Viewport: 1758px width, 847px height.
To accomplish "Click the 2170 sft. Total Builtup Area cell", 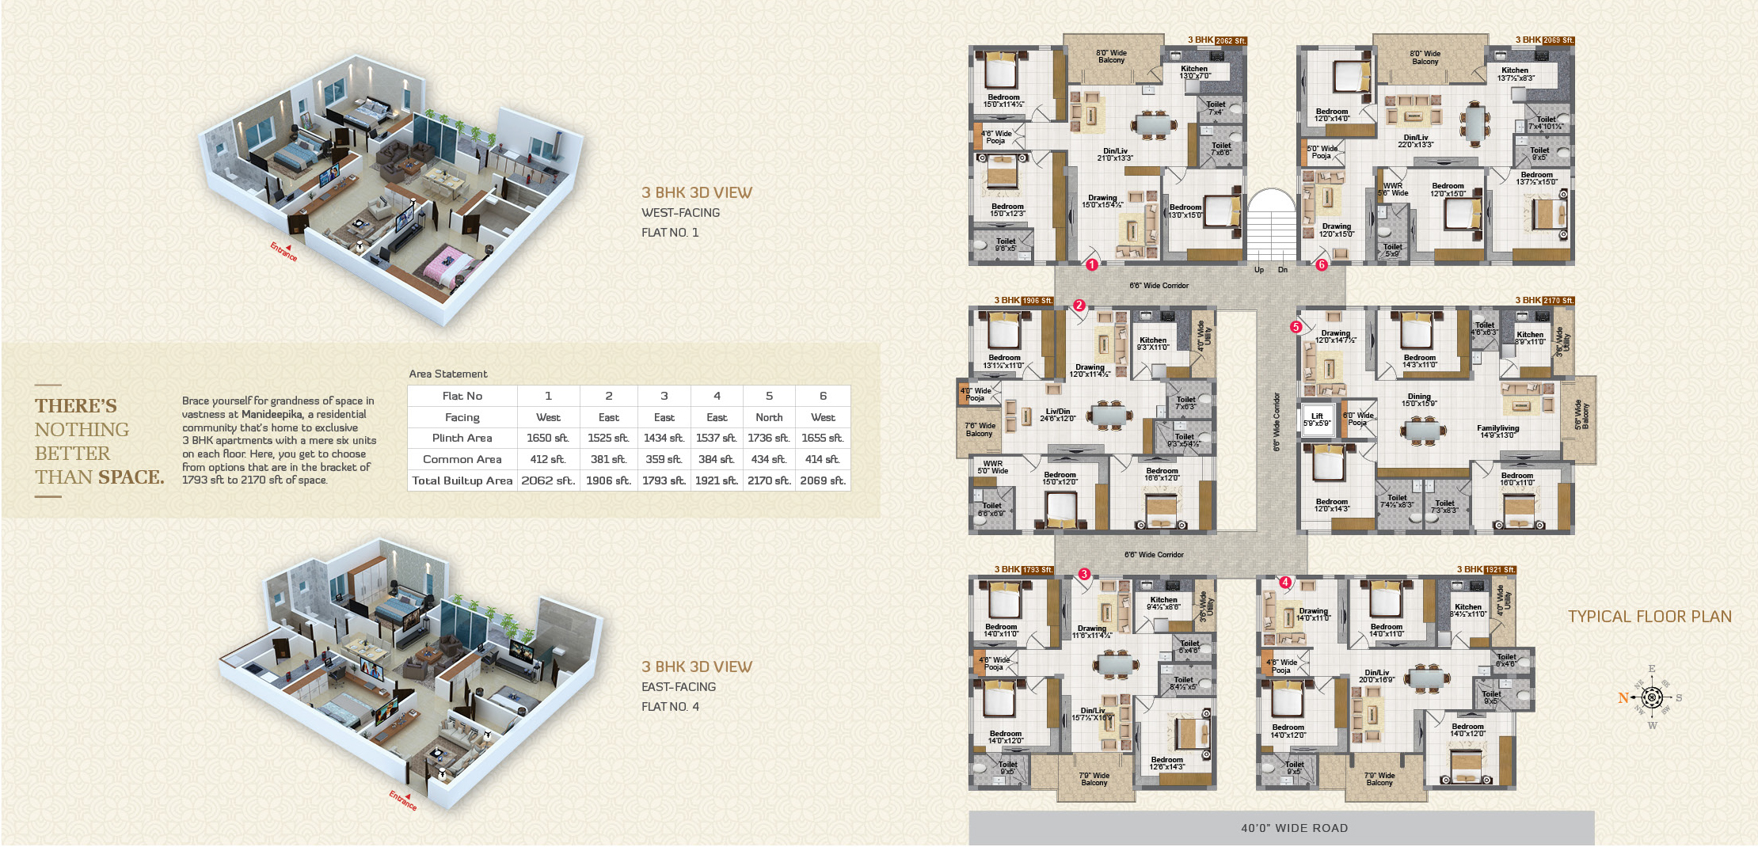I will (x=768, y=480).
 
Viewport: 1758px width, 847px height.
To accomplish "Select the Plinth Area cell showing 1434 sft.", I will (x=664, y=438).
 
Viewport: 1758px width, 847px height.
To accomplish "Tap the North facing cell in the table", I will (x=768, y=417).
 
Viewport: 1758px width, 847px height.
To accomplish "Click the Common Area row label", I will (x=462, y=459).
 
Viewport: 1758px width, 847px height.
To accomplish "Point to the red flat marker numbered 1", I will (x=1091, y=265).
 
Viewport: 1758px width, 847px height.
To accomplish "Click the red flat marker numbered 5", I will (x=1296, y=327).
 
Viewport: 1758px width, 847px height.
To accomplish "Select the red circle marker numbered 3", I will (x=1084, y=574).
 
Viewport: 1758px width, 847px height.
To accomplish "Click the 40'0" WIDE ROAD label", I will (x=1294, y=828).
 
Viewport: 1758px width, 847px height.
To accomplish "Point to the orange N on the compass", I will (x=1623, y=697).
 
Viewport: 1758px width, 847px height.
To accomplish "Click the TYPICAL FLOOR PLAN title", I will (x=1650, y=617).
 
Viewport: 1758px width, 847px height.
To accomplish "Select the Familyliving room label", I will (x=1497, y=428).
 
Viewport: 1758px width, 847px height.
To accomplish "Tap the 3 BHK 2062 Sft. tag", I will (x=1217, y=40).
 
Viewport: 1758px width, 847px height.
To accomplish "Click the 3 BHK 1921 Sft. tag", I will (x=1486, y=570).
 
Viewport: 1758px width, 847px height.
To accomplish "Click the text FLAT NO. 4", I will (x=670, y=707).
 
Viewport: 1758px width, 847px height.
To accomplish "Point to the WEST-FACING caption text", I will (x=680, y=213).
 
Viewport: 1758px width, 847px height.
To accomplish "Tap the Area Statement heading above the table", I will (x=448, y=374).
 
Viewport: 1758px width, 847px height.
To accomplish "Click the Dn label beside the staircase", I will (x=1283, y=270).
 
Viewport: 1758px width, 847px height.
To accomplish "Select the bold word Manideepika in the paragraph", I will (x=272, y=414).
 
